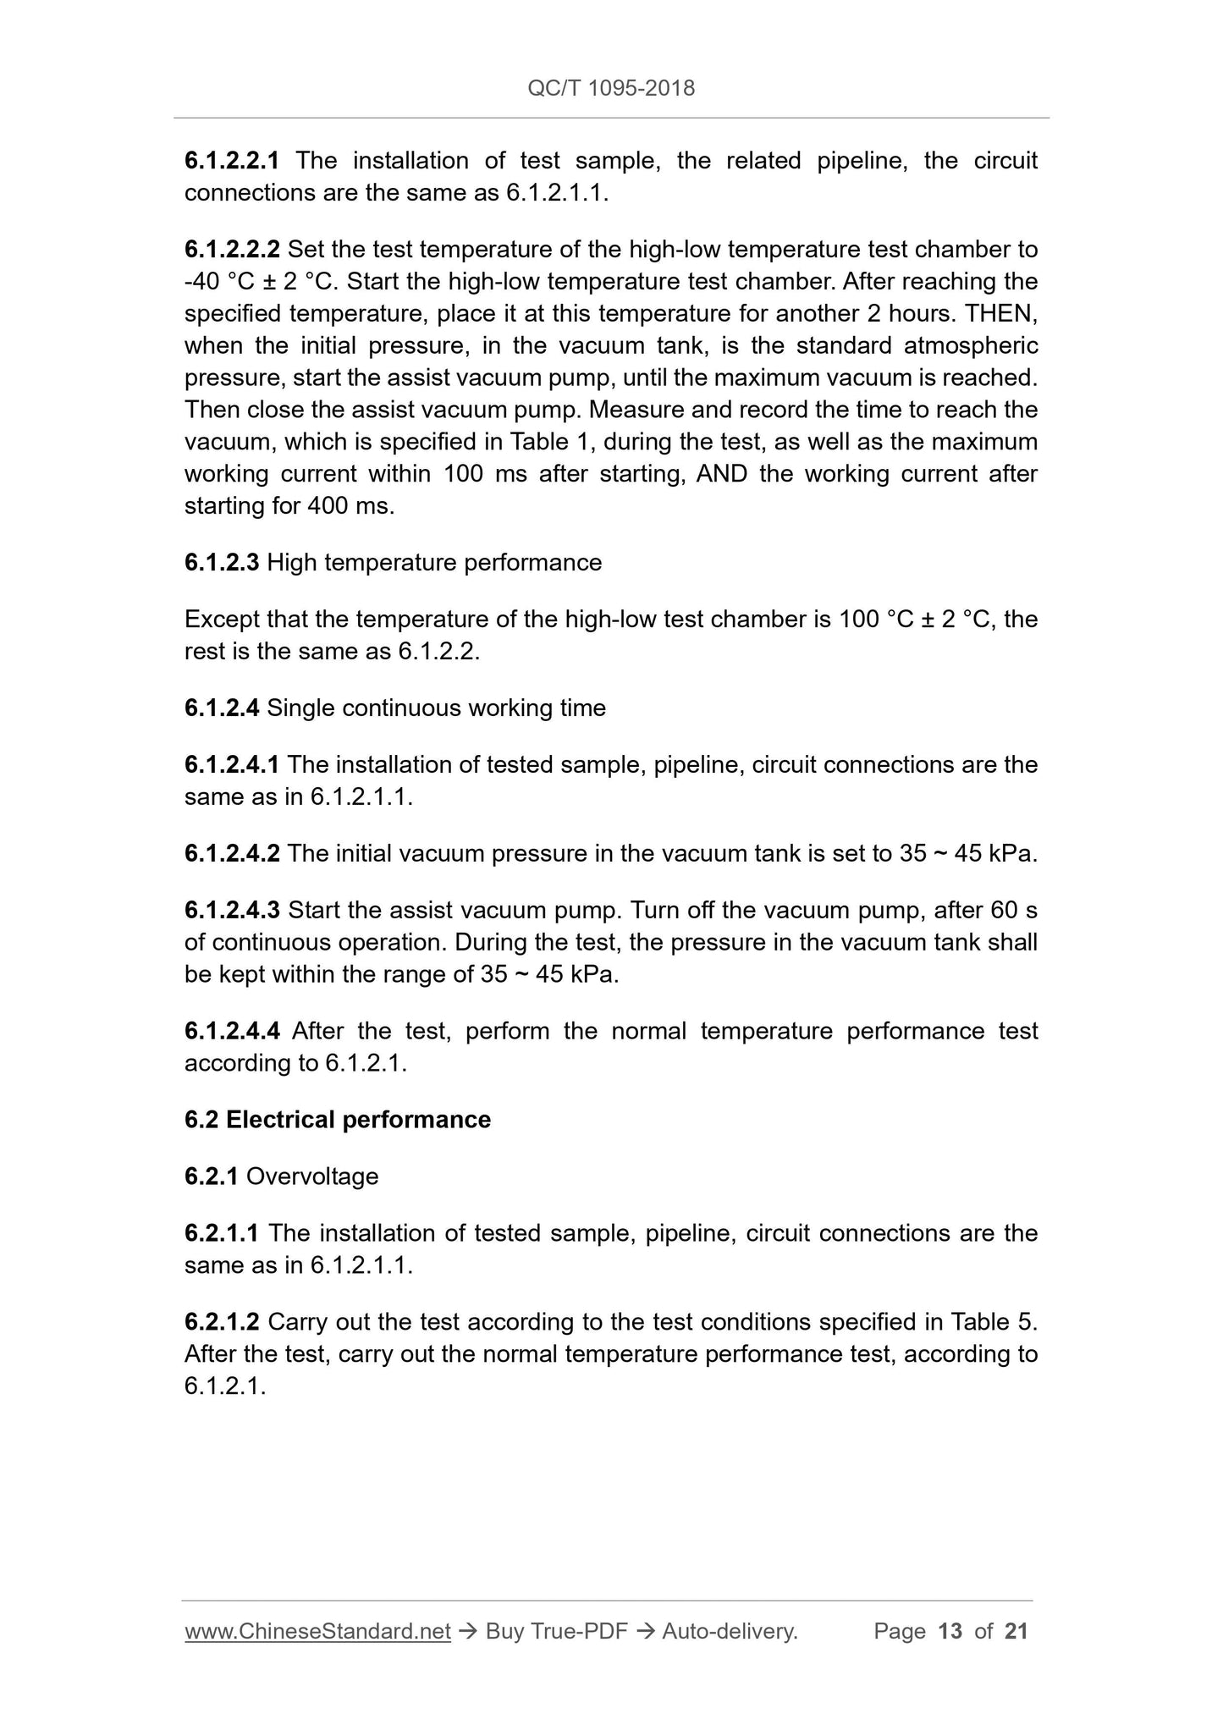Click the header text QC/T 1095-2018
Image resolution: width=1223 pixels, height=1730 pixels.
(610, 88)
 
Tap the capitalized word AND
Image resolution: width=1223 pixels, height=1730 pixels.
(721, 474)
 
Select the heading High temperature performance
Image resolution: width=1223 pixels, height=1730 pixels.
(434, 563)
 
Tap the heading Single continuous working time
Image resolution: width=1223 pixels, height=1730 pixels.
(436, 708)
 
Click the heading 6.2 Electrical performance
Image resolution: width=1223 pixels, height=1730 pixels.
(337, 1120)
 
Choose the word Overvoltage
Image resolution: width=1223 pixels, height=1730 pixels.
(312, 1176)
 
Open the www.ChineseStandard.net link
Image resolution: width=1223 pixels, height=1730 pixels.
(317, 1631)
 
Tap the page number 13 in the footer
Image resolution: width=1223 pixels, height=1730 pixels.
(950, 1631)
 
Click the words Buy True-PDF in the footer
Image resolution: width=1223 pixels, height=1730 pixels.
(556, 1631)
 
